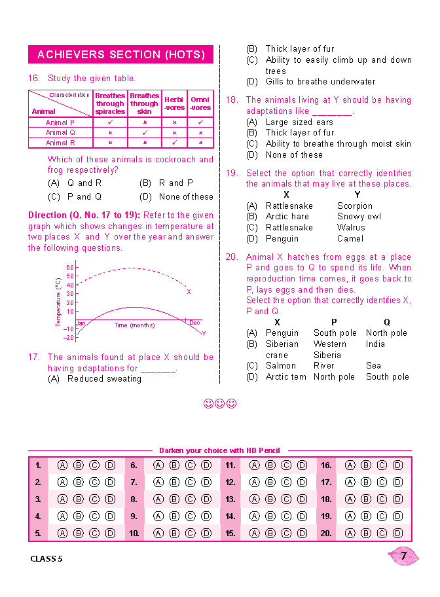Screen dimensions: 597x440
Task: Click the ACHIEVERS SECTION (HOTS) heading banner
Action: coord(120,54)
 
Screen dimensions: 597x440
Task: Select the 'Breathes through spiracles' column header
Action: coord(110,103)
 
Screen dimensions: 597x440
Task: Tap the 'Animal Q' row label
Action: coord(60,132)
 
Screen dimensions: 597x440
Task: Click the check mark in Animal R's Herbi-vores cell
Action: coord(174,142)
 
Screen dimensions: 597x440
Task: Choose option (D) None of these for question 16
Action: coord(176,196)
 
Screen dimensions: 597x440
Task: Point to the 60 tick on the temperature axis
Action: coord(70,268)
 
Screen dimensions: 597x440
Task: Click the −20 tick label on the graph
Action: coord(69,338)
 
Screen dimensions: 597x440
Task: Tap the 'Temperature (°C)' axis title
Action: coord(58,302)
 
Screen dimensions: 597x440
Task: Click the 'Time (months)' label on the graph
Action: coord(134,325)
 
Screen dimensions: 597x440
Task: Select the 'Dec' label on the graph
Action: coord(194,323)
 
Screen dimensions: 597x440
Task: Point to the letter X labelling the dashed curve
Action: coord(189,292)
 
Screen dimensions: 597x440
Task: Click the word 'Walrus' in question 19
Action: coord(351,228)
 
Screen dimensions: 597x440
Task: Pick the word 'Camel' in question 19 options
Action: coord(350,239)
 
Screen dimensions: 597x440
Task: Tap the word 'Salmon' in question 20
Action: coord(280,366)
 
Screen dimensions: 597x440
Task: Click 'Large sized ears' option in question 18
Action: coord(299,122)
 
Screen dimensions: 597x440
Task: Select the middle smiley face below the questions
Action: coord(220,404)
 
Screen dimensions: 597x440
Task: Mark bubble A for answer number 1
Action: coord(62,465)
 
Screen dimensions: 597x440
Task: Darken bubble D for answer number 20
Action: coord(398,534)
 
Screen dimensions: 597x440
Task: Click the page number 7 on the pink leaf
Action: coord(404,556)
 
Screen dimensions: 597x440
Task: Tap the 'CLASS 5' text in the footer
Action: coord(47,559)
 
